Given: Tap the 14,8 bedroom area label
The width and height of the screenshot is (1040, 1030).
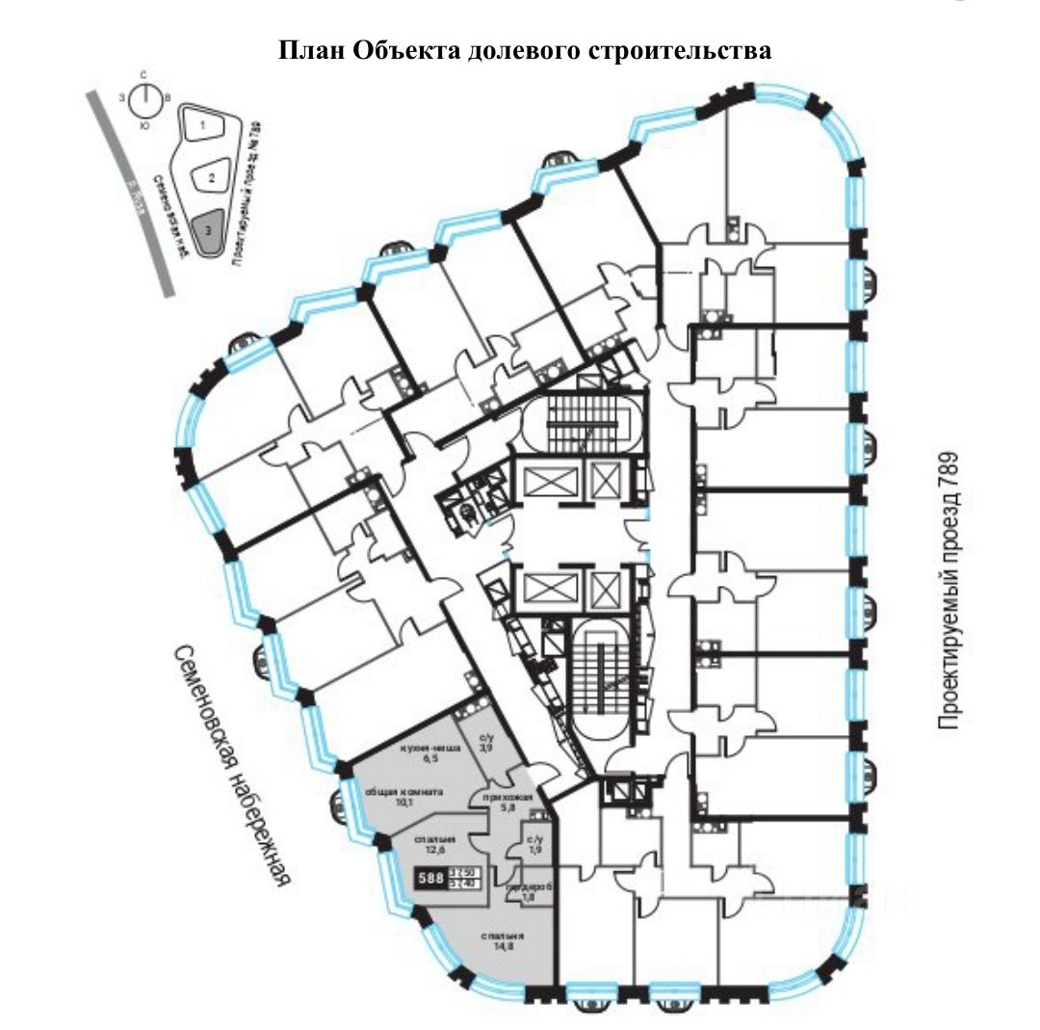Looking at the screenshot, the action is click(503, 942).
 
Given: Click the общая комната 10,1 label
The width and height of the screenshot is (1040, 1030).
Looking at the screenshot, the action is click(403, 797).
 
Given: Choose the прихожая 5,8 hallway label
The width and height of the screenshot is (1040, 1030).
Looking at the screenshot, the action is click(495, 804).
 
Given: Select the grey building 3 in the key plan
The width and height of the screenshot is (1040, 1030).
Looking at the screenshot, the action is click(210, 230).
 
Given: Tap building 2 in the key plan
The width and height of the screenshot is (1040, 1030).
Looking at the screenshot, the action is click(209, 177).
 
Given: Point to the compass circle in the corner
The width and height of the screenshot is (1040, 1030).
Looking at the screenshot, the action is click(143, 98).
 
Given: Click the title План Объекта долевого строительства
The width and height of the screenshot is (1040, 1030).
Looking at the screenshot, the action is click(525, 50).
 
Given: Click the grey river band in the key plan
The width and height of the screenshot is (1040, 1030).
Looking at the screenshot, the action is click(130, 193).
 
